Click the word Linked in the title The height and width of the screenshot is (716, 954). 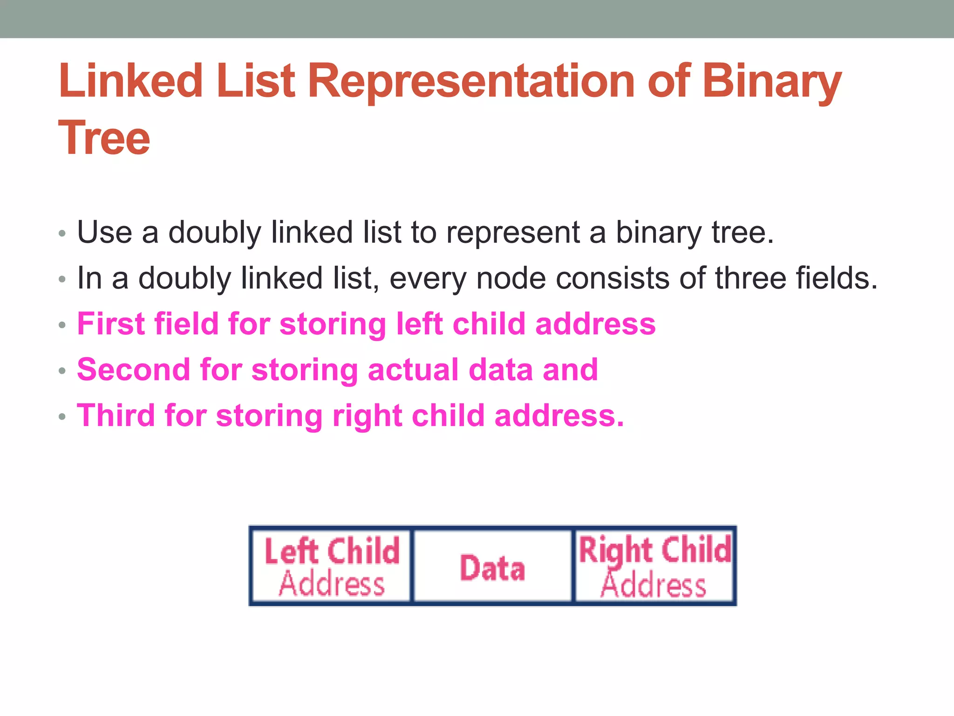[131, 81]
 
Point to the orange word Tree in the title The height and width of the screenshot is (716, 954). [104, 138]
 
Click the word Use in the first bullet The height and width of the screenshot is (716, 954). [104, 233]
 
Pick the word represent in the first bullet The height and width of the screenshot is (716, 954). [512, 233]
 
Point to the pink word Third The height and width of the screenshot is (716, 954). [116, 415]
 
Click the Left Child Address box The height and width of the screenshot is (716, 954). [332, 566]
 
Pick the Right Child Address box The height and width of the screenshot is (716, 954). [654, 566]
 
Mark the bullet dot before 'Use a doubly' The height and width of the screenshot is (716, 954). [62, 233]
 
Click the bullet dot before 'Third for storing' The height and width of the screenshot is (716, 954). [62, 416]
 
